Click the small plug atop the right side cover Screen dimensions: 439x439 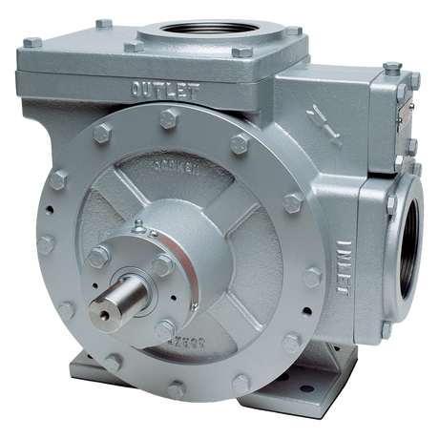pos(390,66)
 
